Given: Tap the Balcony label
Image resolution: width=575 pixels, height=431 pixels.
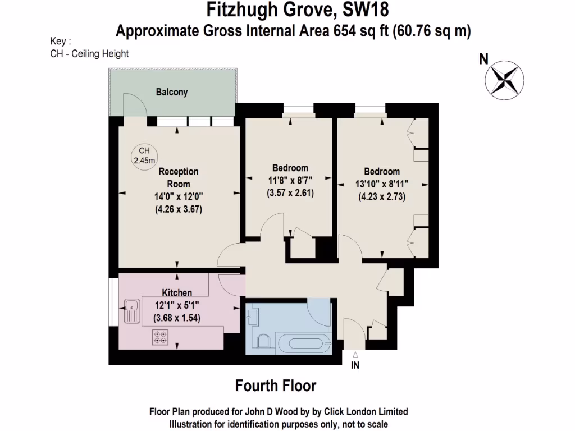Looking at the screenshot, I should coord(172,92).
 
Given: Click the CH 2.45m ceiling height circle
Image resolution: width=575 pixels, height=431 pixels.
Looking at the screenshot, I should coord(144,155).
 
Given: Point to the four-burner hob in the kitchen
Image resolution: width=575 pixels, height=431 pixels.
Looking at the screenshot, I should coord(159,337).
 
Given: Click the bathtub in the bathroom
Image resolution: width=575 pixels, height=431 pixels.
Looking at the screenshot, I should coord(302,342).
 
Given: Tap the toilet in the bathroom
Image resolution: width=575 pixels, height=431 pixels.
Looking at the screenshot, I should coord(262,341).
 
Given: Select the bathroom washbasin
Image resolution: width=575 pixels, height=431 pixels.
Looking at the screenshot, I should coord(252,317).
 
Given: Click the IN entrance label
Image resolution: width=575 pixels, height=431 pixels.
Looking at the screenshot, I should coord(355,366).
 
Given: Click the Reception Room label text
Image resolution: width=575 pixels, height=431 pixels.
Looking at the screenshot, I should coord(178,178).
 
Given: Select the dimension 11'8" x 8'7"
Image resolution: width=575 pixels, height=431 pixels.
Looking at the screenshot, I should coord(290,180).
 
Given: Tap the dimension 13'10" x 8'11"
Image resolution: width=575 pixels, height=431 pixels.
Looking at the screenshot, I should coord(382,184).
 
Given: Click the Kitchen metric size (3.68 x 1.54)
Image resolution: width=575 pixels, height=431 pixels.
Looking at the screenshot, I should coord(177,318).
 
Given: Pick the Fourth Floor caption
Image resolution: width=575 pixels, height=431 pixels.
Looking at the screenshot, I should coord(275,386).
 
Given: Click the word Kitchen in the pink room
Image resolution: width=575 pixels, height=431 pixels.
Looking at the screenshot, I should coord(177,293).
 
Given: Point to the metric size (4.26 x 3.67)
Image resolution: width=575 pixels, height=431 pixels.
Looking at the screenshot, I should coord(178,209).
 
